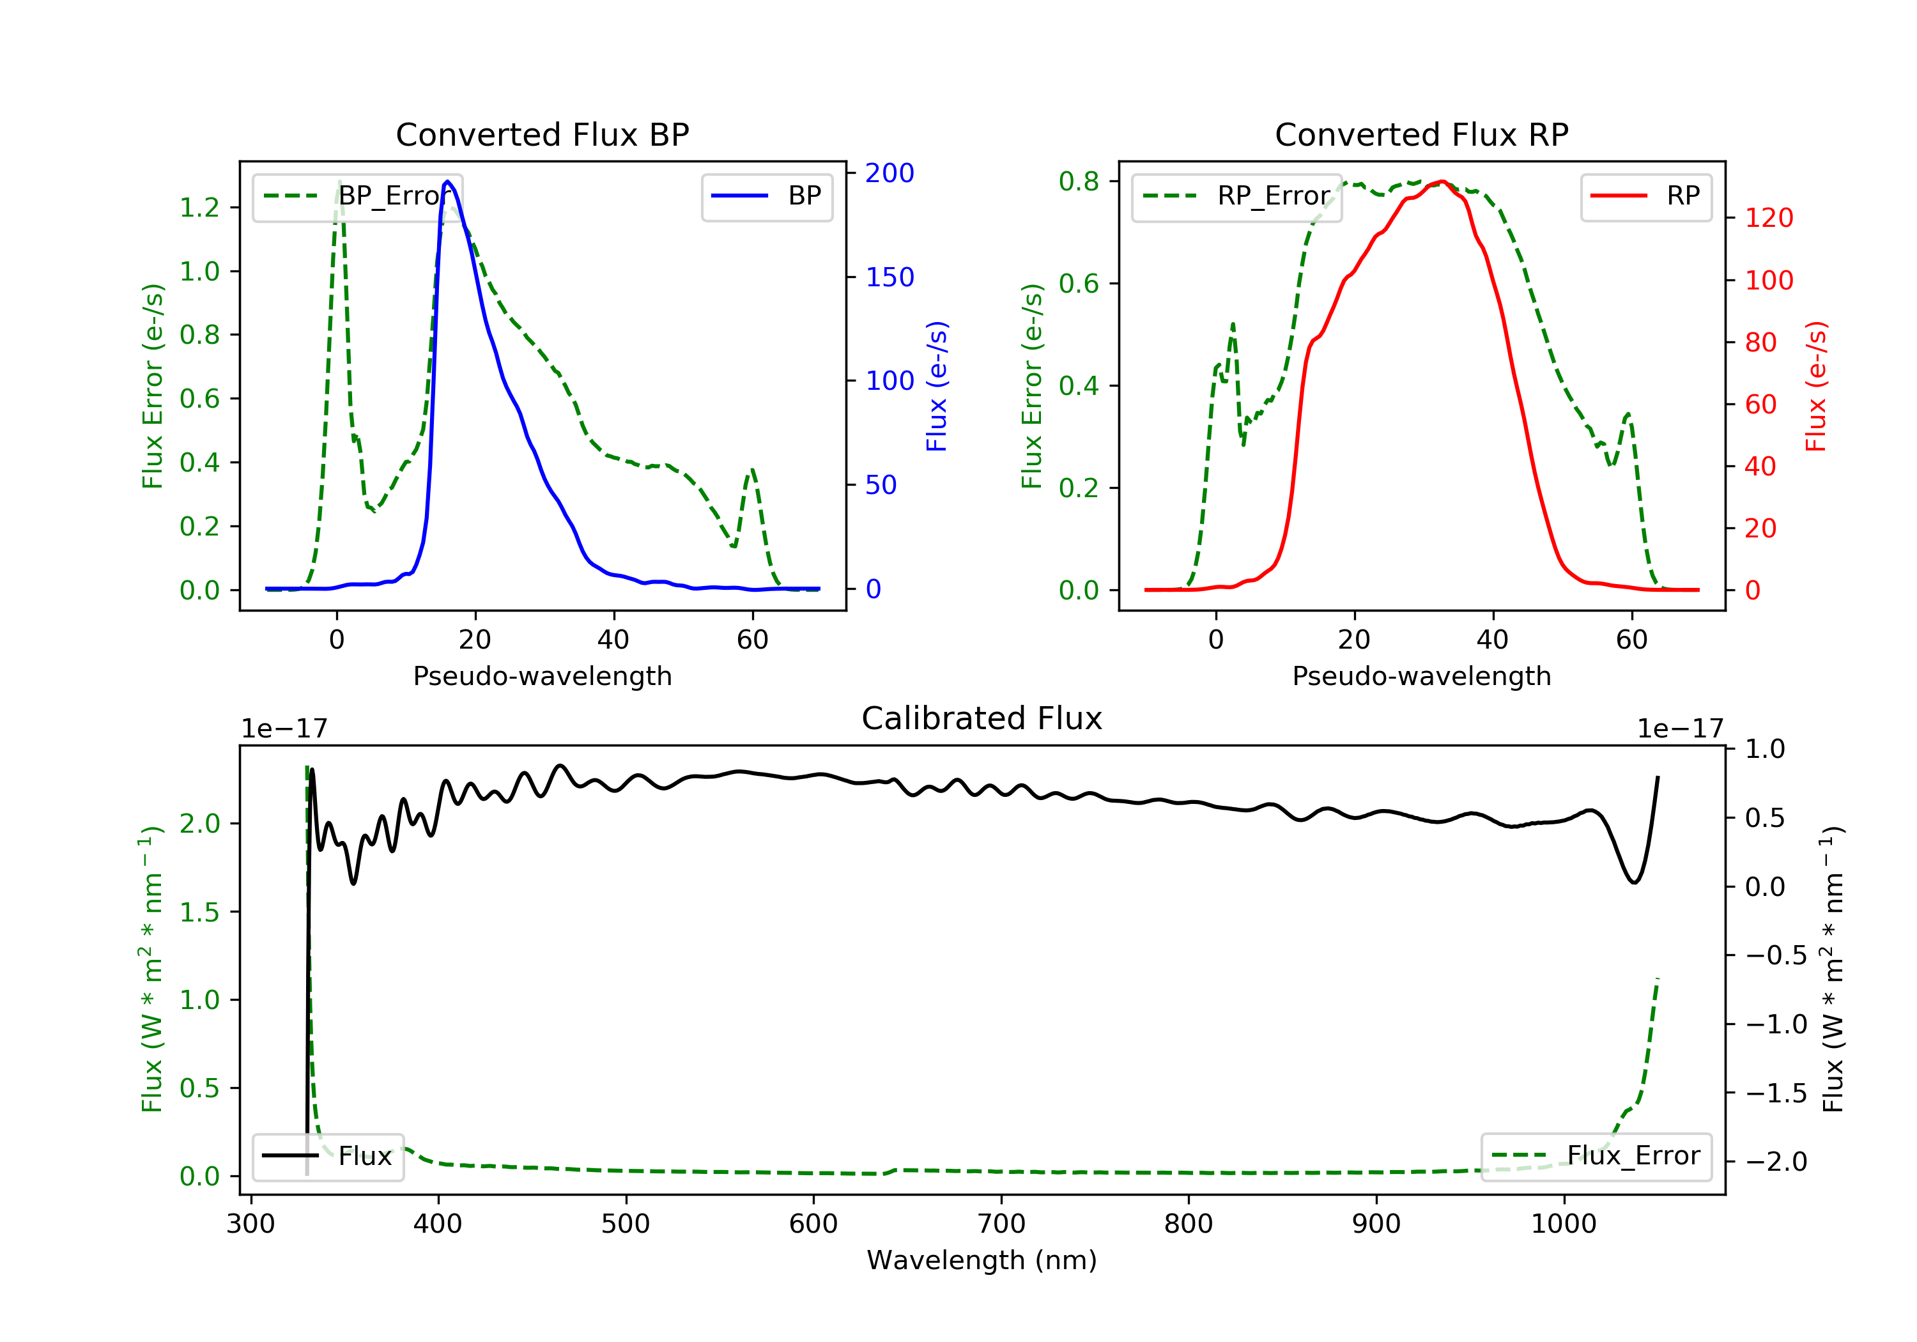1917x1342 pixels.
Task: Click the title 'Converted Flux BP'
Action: tap(542, 134)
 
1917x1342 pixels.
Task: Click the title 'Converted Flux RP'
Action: tap(1421, 134)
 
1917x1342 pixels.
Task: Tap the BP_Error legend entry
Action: tap(357, 196)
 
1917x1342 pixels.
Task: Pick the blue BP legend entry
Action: tap(766, 196)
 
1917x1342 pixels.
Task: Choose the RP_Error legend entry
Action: tap(1236, 196)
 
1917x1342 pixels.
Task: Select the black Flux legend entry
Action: tap(328, 1156)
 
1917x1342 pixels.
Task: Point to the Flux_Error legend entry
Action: tap(1596, 1156)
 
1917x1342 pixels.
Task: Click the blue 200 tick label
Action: tap(889, 173)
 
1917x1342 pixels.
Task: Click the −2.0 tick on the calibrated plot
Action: tap(1776, 1162)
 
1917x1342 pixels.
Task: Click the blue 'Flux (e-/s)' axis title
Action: tap(937, 386)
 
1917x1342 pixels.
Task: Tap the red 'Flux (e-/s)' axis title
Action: tap(1816, 386)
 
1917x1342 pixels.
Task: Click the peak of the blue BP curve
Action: tap(447, 181)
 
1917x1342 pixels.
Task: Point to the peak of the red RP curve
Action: tap(1442, 181)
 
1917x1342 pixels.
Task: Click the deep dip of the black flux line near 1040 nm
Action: tap(1634, 882)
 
